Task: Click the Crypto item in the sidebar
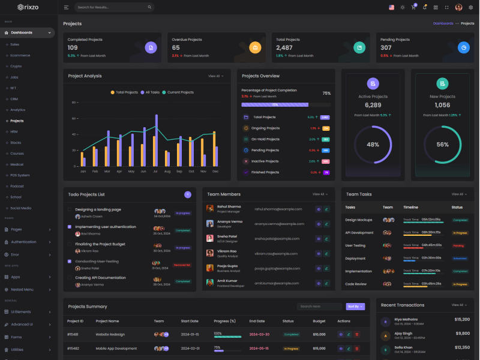[16, 66]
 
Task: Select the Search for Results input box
[114, 7]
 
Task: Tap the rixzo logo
[28, 7]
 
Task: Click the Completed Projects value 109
[73, 47]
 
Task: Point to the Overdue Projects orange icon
[255, 47]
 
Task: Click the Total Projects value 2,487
[284, 47]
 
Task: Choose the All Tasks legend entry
[151, 92]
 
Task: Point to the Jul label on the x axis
[155, 171]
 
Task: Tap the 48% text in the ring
[373, 145]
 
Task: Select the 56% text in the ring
[442, 145]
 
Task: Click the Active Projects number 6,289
[373, 105]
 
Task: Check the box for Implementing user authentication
[70, 227]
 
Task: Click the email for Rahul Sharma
[278, 209]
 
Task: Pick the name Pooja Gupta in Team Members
[228, 265]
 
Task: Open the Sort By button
[355, 307]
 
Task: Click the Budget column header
[319, 321]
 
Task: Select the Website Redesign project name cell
[110, 334]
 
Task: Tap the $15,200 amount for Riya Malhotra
[462, 320]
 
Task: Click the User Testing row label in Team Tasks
[355, 245]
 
